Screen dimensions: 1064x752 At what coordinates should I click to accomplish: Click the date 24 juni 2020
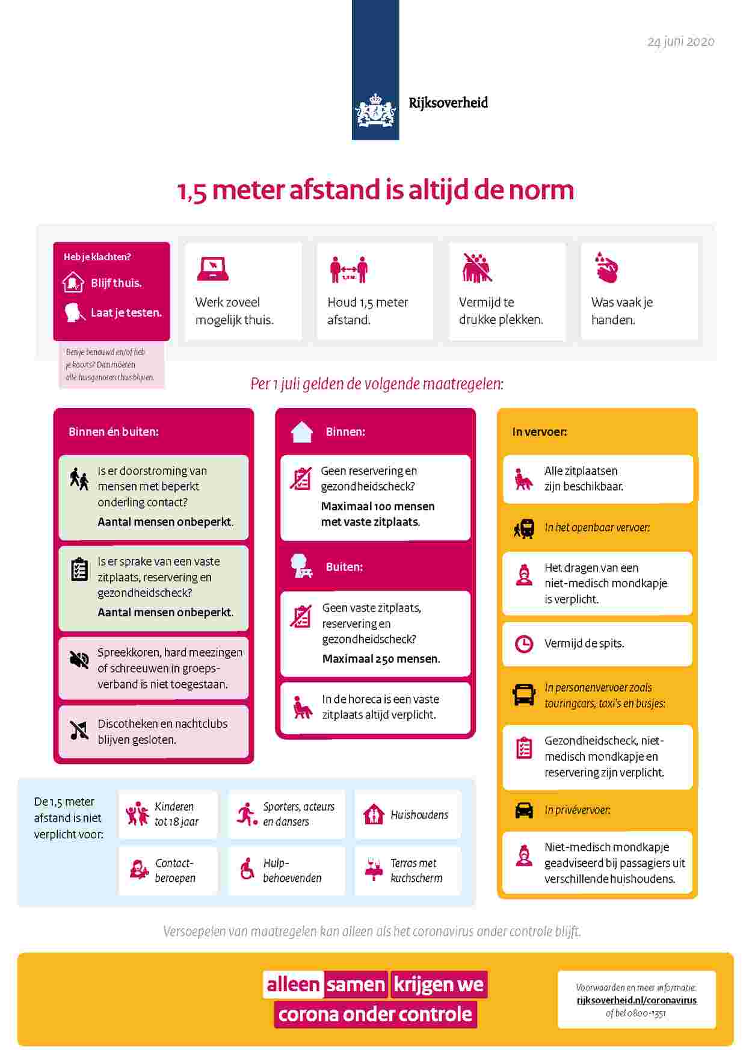point(680,42)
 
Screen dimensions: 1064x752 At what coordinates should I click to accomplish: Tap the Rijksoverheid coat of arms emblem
point(375,110)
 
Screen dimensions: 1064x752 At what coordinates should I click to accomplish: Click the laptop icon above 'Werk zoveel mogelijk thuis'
point(212,269)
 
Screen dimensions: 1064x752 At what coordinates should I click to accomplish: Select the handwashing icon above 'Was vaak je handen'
point(606,267)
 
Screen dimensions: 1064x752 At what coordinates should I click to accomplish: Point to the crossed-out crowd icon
point(477,268)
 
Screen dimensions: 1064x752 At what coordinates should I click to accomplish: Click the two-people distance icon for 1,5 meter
point(348,269)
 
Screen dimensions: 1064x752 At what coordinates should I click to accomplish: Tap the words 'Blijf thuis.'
point(116,283)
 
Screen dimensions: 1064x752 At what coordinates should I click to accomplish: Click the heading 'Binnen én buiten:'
point(114,431)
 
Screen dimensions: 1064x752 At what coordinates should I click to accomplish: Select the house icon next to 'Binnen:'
point(302,432)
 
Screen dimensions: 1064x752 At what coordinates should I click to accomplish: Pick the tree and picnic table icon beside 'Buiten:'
point(301,566)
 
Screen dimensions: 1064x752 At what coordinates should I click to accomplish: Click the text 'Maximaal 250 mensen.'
point(381,658)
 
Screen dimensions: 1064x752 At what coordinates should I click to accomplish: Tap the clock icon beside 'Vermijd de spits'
point(524,643)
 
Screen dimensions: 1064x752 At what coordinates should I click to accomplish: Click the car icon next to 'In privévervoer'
point(524,810)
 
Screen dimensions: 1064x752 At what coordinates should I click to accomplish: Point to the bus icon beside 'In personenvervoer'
point(524,694)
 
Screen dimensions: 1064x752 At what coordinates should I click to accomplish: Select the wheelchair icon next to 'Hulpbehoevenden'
point(247,870)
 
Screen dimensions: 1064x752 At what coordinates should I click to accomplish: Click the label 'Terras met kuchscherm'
point(416,870)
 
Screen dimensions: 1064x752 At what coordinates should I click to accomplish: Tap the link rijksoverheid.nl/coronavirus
point(636,1000)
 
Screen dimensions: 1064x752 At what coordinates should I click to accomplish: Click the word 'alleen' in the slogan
point(293,985)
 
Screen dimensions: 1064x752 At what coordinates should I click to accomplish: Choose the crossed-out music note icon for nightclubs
point(79,731)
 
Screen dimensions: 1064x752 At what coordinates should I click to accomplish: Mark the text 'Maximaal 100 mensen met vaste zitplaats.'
point(378,514)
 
